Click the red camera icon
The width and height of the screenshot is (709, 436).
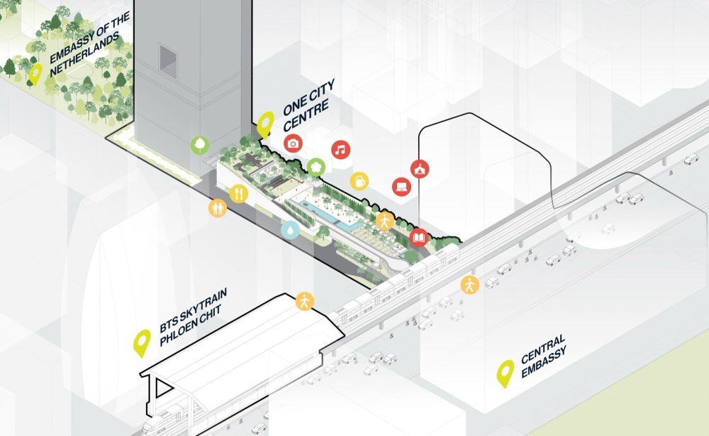tap(293, 144)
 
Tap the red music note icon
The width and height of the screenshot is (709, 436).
tap(341, 149)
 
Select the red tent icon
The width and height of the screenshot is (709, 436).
tap(420, 169)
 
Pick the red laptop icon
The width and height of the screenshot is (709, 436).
tap(401, 187)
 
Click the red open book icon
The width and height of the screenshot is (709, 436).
tap(419, 238)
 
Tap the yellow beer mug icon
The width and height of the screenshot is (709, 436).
tap(359, 181)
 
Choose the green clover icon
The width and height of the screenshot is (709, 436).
tap(316, 167)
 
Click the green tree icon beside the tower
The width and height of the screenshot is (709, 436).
tap(199, 146)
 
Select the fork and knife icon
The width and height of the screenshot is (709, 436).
tap(239, 194)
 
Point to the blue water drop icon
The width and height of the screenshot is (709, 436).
tap(290, 229)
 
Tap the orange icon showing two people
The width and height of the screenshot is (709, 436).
tap(218, 208)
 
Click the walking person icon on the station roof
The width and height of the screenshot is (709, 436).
tap(305, 301)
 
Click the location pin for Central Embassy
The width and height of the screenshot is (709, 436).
tap(505, 374)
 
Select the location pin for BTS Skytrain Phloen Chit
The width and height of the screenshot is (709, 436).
tap(142, 343)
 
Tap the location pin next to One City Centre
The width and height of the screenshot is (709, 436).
tap(265, 124)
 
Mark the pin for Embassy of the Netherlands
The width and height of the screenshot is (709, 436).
tap(35, 74)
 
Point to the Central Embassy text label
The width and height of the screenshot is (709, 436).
tap(544, 356)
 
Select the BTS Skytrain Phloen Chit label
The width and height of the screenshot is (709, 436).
tap(193, 317)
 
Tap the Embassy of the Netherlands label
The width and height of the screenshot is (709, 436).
tap(89, 44)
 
